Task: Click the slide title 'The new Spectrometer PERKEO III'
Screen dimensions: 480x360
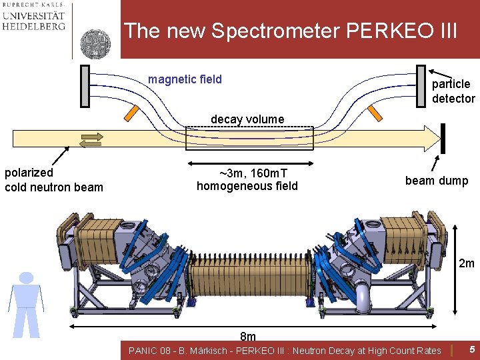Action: (291, 31)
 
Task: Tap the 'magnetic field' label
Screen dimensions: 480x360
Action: (185, 80)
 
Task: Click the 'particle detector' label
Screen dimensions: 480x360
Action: (453, 91)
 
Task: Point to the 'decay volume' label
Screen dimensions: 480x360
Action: (247, 119)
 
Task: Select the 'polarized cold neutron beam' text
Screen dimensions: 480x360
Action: (53, 180)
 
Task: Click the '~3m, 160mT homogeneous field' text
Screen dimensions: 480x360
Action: (247, 179)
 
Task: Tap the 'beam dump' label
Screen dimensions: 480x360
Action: (437, 181)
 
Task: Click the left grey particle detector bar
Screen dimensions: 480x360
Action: (85, 86)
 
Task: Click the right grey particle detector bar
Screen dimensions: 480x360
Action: (421, 86)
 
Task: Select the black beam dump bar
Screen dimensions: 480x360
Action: (442, 138)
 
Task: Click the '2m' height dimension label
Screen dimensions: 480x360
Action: (466, 263)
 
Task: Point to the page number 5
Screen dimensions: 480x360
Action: (471, 349)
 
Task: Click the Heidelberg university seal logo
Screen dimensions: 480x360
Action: (96, 43)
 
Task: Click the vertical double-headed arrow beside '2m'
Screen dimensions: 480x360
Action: (454, 267)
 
